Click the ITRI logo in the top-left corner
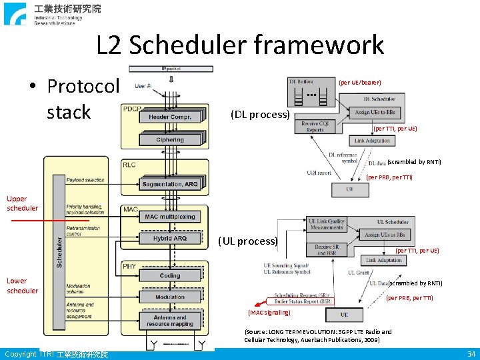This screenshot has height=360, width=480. [15, 13]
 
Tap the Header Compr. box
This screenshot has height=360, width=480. [170, 117]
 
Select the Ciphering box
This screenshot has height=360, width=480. [170, 140]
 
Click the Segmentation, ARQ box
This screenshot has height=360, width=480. [171, 184]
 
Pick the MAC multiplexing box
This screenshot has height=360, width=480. [170, 217]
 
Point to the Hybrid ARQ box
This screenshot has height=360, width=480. [170, 238]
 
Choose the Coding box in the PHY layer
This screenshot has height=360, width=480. [170, 276]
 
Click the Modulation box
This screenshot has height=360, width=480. [170, 297]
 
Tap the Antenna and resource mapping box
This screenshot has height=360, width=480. [170, 321]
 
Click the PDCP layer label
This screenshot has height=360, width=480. [131, 109]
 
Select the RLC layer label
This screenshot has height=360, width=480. [129, 165]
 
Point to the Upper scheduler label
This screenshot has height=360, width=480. [22, 203]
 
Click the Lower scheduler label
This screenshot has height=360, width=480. [22, 285]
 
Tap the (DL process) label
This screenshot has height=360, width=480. [259, 114]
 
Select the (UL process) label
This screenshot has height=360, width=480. [247, 241]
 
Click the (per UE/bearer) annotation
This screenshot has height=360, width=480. [360, 83]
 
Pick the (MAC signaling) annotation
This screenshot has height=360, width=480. [269, 312]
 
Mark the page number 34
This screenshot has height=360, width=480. [471, 353]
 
